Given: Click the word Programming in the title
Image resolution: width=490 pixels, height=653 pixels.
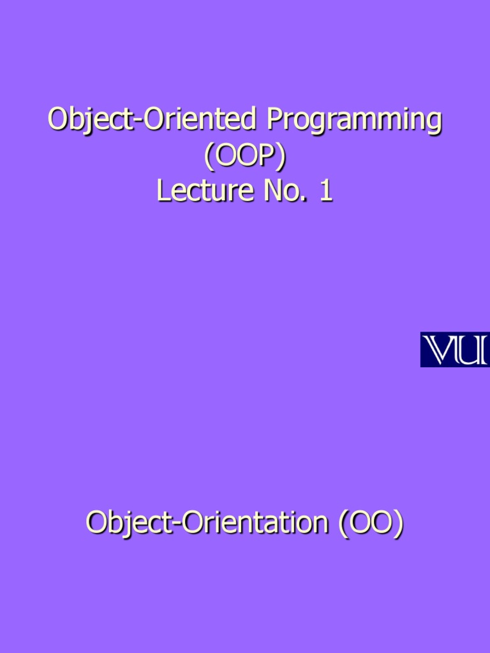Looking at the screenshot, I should pyautogui.click(x=354, y=121).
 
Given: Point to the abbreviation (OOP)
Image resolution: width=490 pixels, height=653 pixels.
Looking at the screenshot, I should pyautogui.click(x=245, y=157).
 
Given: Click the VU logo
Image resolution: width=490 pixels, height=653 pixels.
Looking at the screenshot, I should pyautogui.click(x=454, y=349).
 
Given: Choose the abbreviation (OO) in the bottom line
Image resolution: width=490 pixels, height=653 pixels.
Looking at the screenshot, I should pyautogui.click(x=371, y=524).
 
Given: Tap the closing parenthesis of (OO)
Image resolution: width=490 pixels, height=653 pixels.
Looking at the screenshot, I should pyautogui.click(x=399, y=524).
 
